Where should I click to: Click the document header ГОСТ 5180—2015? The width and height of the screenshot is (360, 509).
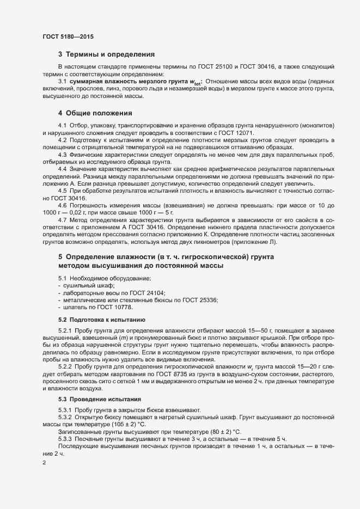coord(68,36)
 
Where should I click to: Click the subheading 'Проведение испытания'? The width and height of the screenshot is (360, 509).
coord(105,400)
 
